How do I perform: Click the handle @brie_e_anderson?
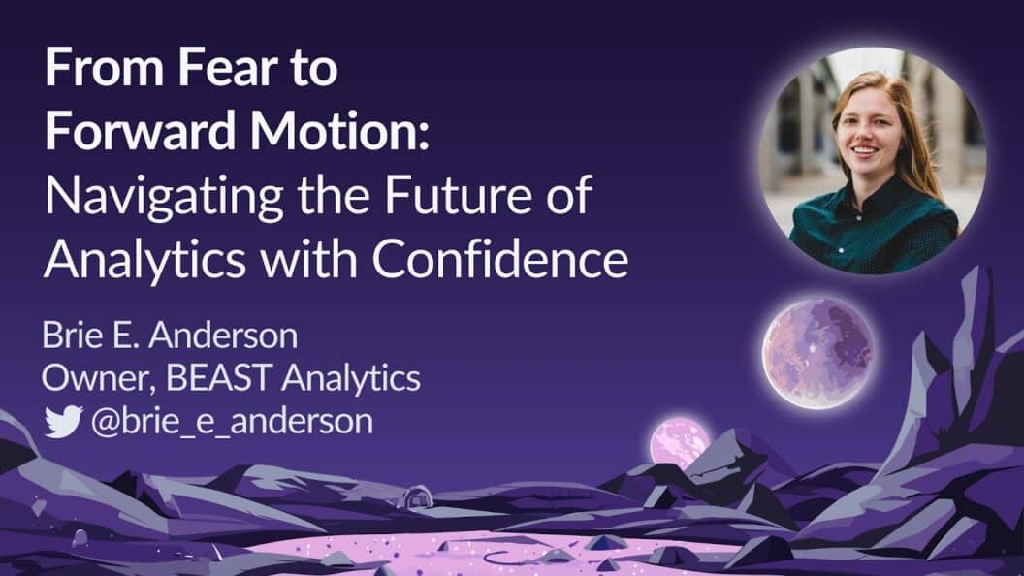232,422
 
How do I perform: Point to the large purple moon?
816,352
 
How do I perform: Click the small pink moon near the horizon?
679,442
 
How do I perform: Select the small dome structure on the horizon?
415,497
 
